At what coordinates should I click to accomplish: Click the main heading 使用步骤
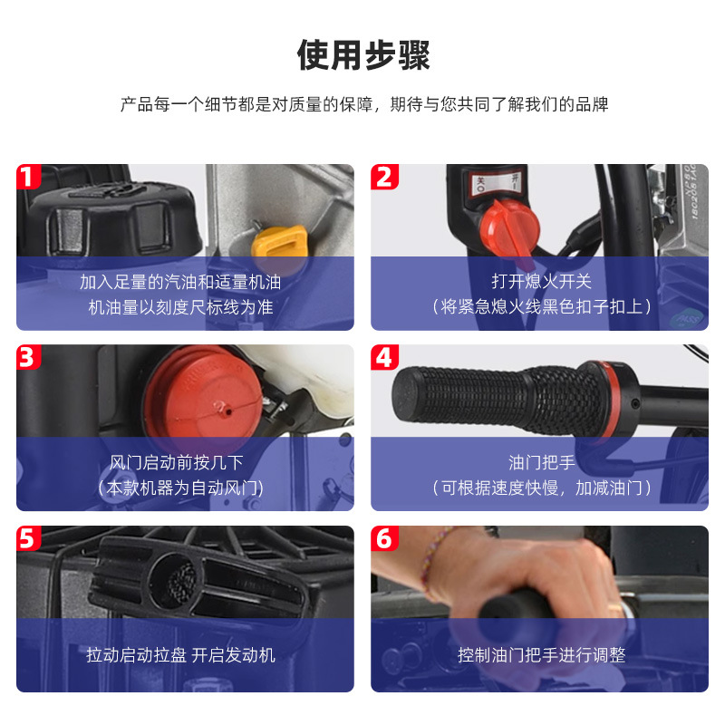(363, 55)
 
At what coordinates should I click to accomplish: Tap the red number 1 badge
(28, 177)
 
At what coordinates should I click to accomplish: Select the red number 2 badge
(383, 177)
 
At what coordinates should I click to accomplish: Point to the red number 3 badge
(28, 357)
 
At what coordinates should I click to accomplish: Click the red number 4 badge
(383, 357)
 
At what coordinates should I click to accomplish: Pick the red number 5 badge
(28, 538)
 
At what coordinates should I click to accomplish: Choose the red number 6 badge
(383, 538)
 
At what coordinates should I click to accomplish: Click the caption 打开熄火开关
(541, 281)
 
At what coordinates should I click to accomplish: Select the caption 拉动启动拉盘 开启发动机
(180, 655)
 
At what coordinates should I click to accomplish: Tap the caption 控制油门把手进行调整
(541, 655)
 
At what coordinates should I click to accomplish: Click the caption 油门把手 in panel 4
(541, 462)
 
